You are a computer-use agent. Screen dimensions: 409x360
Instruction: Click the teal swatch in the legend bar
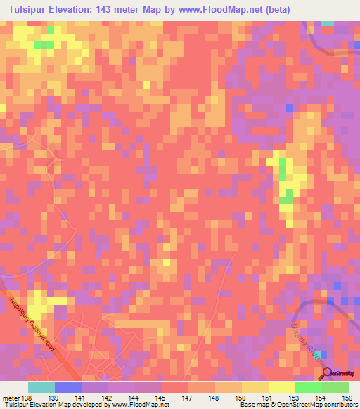coord(41,387)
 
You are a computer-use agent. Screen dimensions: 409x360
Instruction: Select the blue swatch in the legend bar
coord(68,387)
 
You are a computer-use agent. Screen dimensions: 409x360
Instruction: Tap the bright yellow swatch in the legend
coord(281,387)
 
